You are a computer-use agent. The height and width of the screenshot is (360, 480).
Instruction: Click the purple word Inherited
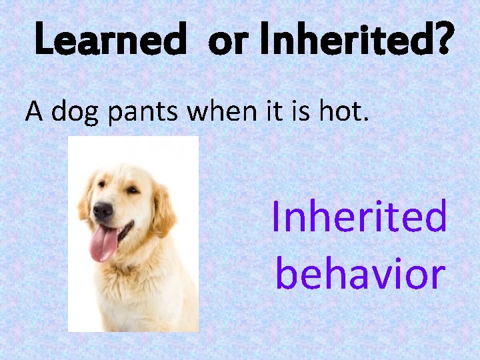point(359,217)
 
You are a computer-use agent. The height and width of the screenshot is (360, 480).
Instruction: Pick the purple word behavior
point(360,273)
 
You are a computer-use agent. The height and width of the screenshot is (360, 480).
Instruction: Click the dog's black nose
point(103,211)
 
